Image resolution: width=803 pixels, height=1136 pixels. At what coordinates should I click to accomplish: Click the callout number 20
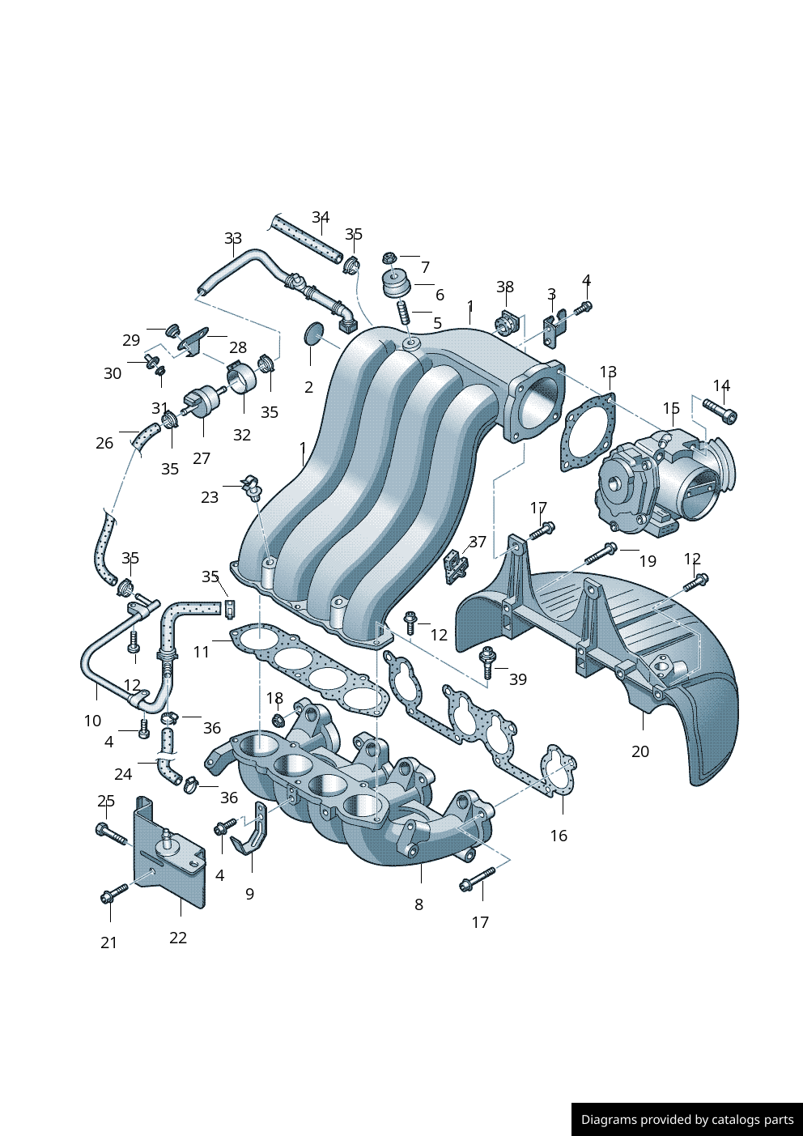pyautogui.click(x=640, y=751)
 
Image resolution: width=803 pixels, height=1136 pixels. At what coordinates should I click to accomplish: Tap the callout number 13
pyautogui.click(x=609, y=372)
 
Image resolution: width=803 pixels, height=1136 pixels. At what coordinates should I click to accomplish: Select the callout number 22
pyautogui.click(x=178, y=938)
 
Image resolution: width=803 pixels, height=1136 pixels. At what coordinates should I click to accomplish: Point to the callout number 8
pyautogui.click(x=418, y=904)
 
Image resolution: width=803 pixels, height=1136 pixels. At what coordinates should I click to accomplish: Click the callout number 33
pyautogui.click(x=233, y=238)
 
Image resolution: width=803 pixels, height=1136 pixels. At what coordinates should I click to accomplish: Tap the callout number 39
pyautogui.click(x=518, y=679)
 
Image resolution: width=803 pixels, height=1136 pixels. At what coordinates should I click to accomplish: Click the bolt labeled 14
pyautogui.click(x=720, y=411)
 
